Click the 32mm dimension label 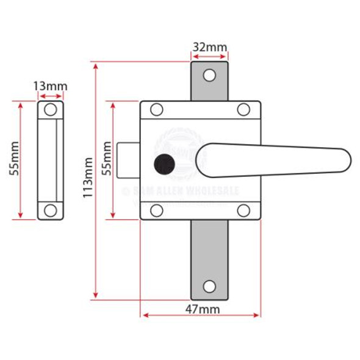click(x=209, y=47)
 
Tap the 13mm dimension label click(x=50, y=86)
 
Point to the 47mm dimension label click(x=202, y=309)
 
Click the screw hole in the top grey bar click(x=209, y=75)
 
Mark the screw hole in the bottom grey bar click(x=209, y=286)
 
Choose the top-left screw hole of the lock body click(x=156, y=110)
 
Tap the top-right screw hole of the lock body click(x=244, y=110)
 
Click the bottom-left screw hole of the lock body click(x=156, y=211)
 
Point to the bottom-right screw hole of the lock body click(x=244, y=211)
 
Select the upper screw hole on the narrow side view click(x=51, y=110)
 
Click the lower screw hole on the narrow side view click(x=51, y=210)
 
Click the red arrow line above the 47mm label click(x=201, y=316)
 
